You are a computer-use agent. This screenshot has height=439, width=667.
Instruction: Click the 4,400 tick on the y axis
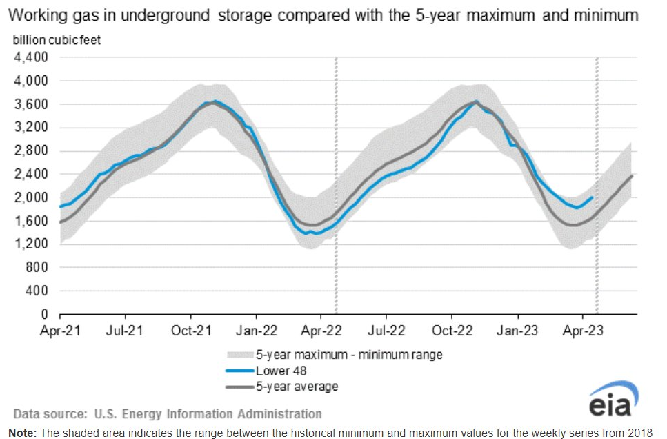pyautogui.click(x=30, y=57)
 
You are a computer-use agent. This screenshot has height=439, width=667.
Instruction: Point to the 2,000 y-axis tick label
pyautogui.click(x=30, y=197)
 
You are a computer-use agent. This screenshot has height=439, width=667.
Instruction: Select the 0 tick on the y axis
pyautogui.click(x=43, y=314)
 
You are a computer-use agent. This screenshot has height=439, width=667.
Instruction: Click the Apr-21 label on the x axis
pyautogui.click(x=61, y=331)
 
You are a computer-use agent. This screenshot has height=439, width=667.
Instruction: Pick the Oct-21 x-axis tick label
pyautogui.click(x=191, y=331)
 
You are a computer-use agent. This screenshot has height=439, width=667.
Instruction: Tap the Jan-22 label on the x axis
pyautogui.click(x=256, y=331)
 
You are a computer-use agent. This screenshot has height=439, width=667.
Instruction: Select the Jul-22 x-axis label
pyautogui.click(x=386, y=331)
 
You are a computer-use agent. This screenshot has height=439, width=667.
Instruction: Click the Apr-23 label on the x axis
pyautogui.click(x=583, y=331)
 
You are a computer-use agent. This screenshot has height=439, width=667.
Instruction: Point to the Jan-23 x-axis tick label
pyautogui.click(x=517, y=331)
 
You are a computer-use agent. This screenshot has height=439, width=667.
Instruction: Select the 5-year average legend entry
pyautogui.click(x=297, y=386)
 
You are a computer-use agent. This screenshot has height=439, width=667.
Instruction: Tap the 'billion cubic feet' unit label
pyautogui.click(x=57, y=40)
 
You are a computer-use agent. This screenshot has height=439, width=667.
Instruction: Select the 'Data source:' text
pyautogui.click(x=48, y=414)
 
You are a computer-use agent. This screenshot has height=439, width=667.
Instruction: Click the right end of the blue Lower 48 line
pyautogui.click(x=593, y=197)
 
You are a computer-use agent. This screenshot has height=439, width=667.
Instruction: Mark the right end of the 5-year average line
pyautogui.click(x=633, y=175)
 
